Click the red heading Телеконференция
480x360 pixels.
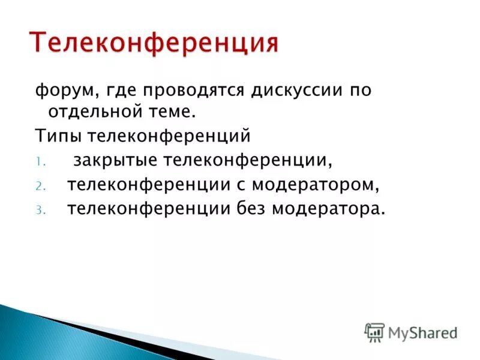154,41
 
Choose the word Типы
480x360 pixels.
58,136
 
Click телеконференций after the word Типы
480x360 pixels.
169,136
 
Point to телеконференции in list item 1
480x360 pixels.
248,161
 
